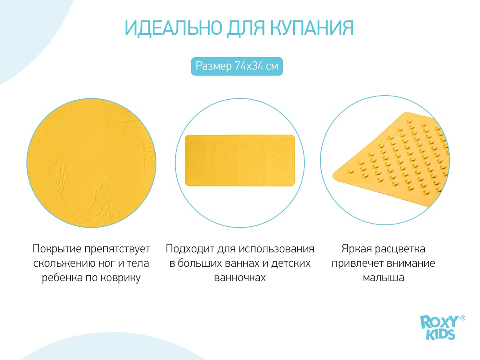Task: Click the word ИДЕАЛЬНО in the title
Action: click(173, 28)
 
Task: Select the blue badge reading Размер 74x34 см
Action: click(237, 66)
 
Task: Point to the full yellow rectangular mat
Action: click(240, 160)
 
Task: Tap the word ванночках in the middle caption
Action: click(240, 278)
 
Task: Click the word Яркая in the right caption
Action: click(357, 249)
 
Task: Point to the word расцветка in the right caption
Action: click(400, 249)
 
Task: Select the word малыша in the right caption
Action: click(384, 278)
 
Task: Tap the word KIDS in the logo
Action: click(440, 334)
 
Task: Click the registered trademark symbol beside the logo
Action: click(463, 318)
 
